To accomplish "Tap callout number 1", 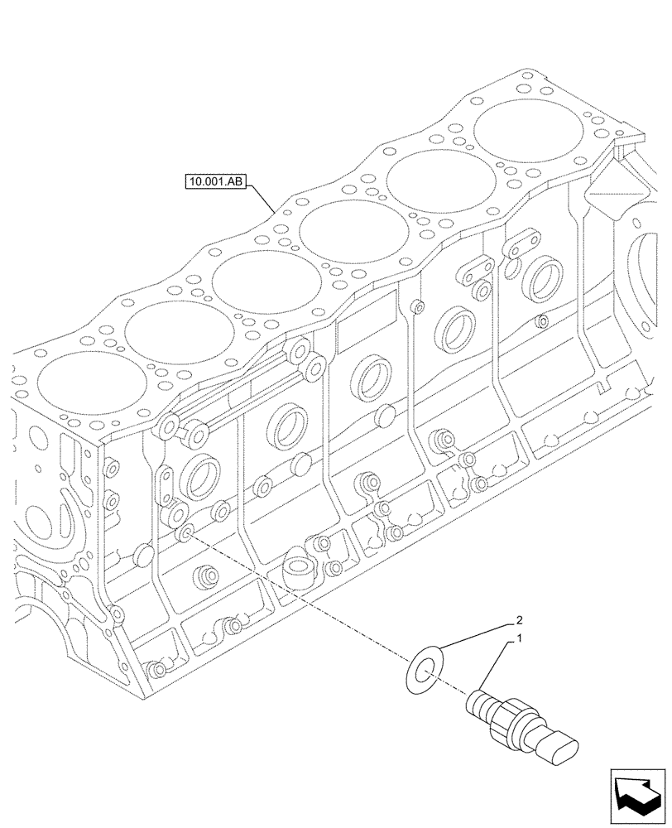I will click(519, 639).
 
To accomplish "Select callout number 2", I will click(519, 619).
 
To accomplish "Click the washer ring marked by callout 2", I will click(426, 669).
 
